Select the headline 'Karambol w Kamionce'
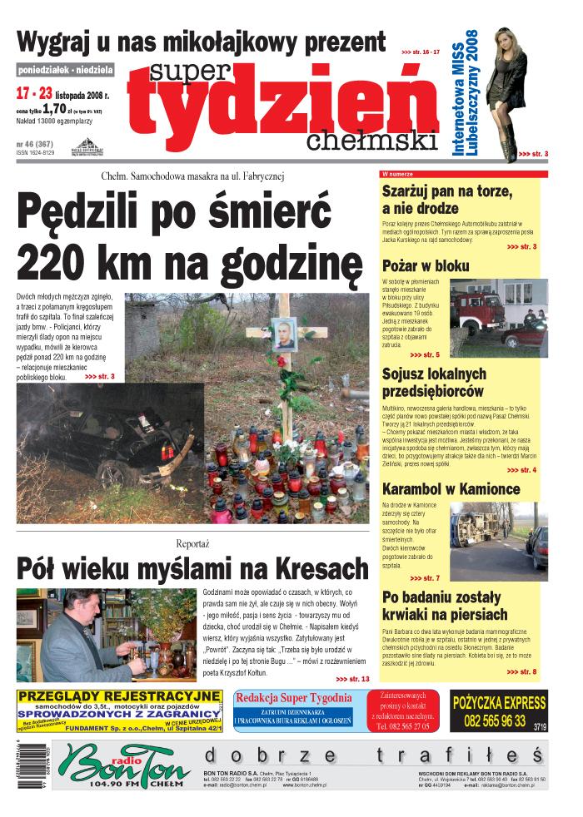tap(451, 488)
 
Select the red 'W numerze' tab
tap(397, 175)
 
